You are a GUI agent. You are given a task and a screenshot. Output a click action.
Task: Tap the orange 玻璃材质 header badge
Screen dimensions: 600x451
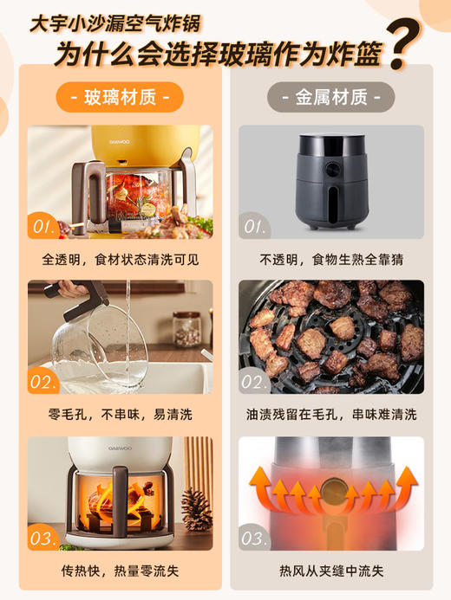[x=120, y=96]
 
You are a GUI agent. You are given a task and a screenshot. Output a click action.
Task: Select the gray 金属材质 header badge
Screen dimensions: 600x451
[x=330, y=96]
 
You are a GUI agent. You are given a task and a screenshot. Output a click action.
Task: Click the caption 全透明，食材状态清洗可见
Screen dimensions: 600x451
[x=120, y=258]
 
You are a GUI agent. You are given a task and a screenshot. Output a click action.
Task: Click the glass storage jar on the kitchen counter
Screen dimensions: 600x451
[x=186, y=328]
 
